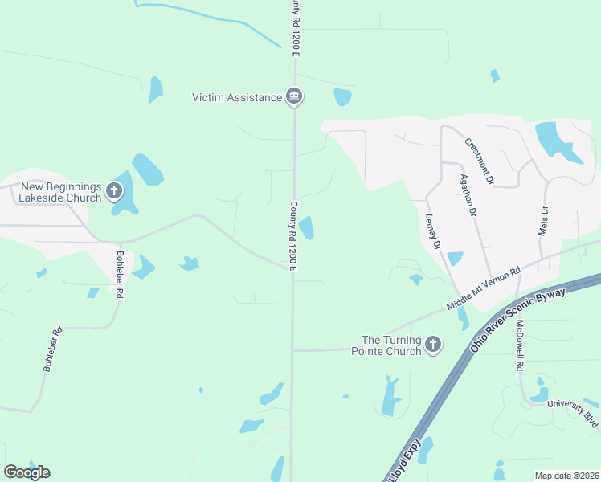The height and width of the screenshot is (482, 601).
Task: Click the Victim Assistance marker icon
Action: tap(294, 97)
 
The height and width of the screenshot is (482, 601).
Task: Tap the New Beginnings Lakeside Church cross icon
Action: tap(113, 191)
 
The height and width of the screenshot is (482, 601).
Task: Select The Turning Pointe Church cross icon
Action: tap(432, 345)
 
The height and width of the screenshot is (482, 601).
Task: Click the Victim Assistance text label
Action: tap(237, 98)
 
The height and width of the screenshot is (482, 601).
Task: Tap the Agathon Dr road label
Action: tap(468, 197)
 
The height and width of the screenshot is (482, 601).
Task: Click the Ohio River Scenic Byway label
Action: tap(519, 319)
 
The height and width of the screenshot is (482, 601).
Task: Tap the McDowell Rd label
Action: tap(520, 345)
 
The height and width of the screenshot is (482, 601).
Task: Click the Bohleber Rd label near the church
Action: tap(119, 275)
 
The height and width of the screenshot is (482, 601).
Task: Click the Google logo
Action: tap(27, 472)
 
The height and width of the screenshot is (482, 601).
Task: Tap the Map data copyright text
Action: tap(566, 476)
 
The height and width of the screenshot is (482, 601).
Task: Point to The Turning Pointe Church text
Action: tap(391, 345)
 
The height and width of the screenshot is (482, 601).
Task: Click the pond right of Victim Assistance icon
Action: tap(342, 97)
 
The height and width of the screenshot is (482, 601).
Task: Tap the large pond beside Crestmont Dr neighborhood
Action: tap(553, 140)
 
